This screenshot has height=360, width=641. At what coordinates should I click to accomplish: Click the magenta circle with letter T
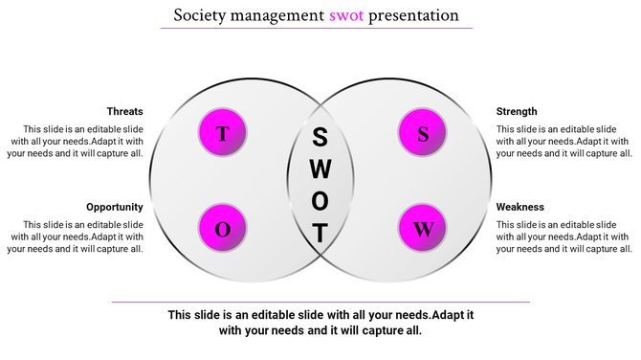tap(223, 133)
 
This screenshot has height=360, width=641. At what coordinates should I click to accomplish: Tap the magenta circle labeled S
tap(423, 133)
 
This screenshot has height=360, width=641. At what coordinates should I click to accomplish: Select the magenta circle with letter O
tap(223, 228)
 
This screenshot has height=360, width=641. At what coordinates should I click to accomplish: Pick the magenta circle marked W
tap(423, 228)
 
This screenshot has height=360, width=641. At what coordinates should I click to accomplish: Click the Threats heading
tap(125, 111)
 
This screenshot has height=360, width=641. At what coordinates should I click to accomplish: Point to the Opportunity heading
tap(115, 207)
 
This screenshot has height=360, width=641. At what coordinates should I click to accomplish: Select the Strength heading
tap(517, 111)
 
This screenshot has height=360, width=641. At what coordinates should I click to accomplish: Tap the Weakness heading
tap(519, 207)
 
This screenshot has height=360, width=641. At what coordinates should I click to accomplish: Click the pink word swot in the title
tap(346, 15)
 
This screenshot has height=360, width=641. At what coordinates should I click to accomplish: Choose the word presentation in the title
tap(414, 15)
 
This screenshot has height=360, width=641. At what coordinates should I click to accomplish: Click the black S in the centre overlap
tap(321, 137)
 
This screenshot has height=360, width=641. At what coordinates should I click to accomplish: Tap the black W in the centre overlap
tap(321, 169)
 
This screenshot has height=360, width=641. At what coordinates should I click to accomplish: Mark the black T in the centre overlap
tap(321, 233)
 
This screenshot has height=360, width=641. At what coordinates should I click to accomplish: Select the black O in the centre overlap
tap(321, 201)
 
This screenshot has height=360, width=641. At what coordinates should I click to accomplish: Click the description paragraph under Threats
tap(77, 141)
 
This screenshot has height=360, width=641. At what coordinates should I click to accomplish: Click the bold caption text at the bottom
tap(320, 323)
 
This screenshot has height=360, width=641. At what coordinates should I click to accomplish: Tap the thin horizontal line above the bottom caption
tap(320, 303)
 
